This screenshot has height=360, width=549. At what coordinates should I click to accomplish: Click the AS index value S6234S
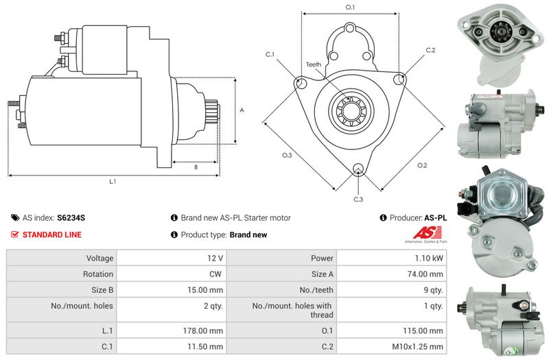click(71, 217)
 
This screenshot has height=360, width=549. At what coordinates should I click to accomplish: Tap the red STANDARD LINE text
click(52, 235)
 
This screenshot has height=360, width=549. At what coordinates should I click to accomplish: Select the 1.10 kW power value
click(430, 259)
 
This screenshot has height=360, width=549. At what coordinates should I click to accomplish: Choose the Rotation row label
click(98, 274)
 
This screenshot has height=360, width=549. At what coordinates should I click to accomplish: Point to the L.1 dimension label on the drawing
click(112, 182)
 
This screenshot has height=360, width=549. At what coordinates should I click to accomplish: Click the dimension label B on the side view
click(196, 167)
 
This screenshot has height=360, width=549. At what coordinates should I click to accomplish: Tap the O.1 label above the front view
click(350, 7)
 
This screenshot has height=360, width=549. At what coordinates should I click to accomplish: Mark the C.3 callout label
click(358, 200)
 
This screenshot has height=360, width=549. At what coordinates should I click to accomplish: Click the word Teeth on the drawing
click(314, 64)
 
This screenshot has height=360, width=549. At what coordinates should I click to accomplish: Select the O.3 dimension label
click(287, 156)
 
